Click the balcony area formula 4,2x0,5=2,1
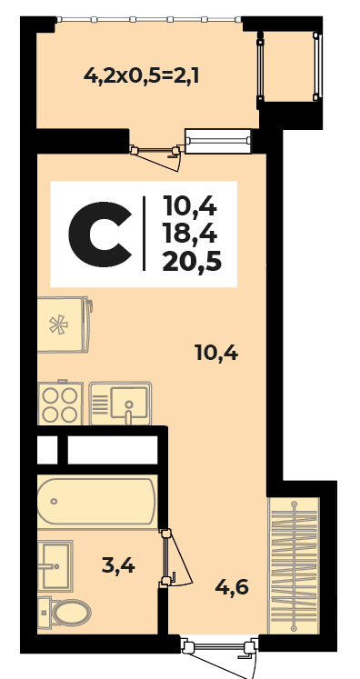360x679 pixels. click(x=141, y=76)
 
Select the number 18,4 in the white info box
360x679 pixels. click(x=189, y=234)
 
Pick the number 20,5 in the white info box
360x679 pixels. click(x=192, y=263)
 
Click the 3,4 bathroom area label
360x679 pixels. click(x=118, y=565)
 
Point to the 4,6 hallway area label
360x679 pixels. click(x=232, y=587)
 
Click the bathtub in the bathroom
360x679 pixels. click(x=96, y=501)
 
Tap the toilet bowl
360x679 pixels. click(x=65, y=613)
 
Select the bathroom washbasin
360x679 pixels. click(x=55, y=565)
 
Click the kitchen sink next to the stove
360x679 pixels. click(x=120, y=404)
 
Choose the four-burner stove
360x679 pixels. click(x=60, y=403)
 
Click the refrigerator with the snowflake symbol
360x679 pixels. click(x=65, y=325)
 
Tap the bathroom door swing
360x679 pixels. click(x=177, y=559)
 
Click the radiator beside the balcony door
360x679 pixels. click(x=218, y=141)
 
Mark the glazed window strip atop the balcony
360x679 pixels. click(x=149, y=19)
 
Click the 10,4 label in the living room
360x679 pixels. click(x=216, y=354)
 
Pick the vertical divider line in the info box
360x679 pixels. click(x=144, y=234)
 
